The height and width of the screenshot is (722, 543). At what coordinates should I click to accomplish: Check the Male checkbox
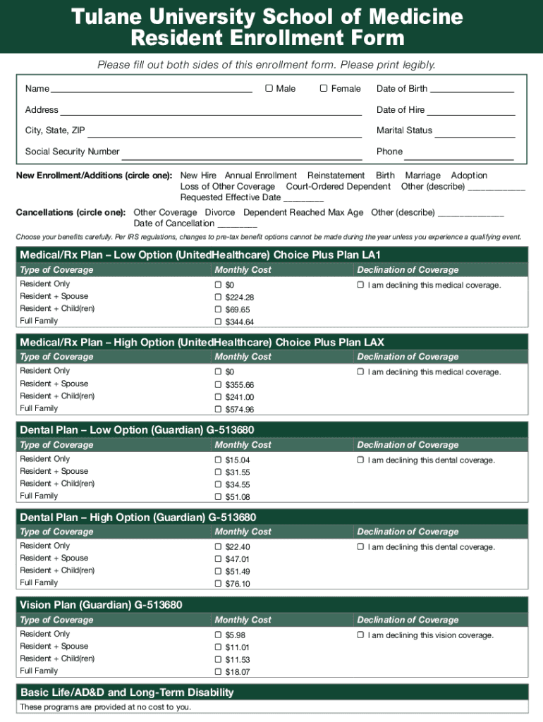click(x=269, y=88)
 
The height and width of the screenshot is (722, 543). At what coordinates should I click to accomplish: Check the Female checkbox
click(x=324, y=88)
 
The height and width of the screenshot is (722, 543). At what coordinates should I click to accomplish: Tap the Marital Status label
click(x=404, y=130)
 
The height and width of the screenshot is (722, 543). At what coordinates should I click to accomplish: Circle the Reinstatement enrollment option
click(x=336, y=176)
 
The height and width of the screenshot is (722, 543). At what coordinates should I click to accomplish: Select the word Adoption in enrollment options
click(x=469, y=176)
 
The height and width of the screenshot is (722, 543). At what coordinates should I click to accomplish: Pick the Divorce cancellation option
click(x=220, y=212)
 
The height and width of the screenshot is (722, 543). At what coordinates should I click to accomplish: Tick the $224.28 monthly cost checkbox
click(x=219, y=298)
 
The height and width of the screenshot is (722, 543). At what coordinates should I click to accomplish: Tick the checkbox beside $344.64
click(x=219, y=322)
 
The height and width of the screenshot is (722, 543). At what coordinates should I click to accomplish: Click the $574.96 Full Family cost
click(x=240, y=410)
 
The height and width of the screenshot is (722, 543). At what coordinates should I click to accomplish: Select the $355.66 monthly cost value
click(x=240, y=385)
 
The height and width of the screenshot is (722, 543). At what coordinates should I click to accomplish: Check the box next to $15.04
click(x=219, y=460)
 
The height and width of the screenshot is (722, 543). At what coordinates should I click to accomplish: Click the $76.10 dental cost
click(x=238, y=584)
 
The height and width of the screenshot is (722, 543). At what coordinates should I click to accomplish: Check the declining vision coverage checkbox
click(x=360, y=635)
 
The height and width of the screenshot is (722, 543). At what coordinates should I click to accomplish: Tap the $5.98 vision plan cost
click(x=236, y=635)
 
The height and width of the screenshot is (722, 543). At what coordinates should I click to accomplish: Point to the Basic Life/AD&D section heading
click(x=127, y=692)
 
